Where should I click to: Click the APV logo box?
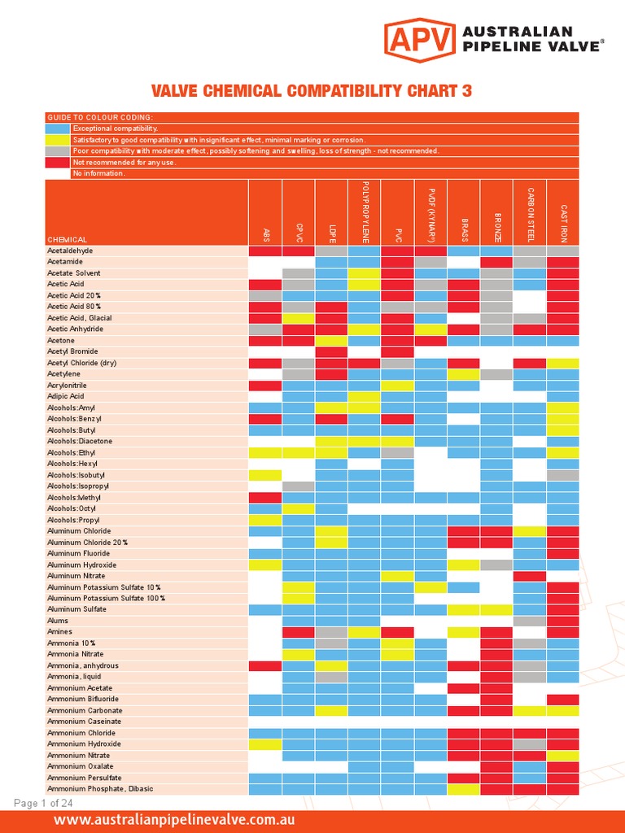click(x=419, y=38)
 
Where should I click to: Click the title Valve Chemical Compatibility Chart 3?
click(x=312, y=91)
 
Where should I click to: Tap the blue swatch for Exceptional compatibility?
click(x=58, y=129)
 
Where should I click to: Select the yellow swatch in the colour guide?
click(x=58, y=140)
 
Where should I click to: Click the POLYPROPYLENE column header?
click(x=365, y=212)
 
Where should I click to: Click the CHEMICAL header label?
click(x=68, y=240)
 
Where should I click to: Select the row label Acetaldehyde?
click(x=70, y=251)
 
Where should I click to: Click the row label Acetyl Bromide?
click(x=73, y=351)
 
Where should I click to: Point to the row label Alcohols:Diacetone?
click(x=80, y=441)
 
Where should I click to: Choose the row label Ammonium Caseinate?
click(x=84, y=722)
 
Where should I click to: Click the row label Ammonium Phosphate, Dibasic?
click(x=100, y=788)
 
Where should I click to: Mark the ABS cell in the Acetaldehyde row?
click(x=264, y=251)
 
